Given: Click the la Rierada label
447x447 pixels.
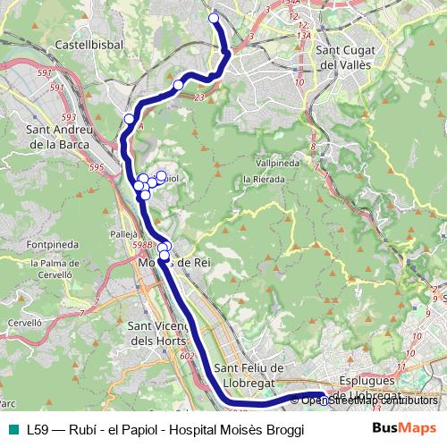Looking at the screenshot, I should (264, 179).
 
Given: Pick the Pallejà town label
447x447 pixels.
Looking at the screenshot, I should (122, 234).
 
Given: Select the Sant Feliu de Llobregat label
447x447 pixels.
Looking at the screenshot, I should (249, 375).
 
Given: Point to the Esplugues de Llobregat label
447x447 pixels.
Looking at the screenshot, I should (368, 386).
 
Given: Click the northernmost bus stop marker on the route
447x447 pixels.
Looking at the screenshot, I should (214, 18).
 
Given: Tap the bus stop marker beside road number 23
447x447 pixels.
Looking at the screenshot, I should (178, 85).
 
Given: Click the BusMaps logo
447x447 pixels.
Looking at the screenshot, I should (405, 428).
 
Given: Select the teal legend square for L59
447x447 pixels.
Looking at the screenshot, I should (13, 429).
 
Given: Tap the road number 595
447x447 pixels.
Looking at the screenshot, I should (97, 167).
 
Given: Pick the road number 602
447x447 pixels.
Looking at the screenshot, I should (186, 356).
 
